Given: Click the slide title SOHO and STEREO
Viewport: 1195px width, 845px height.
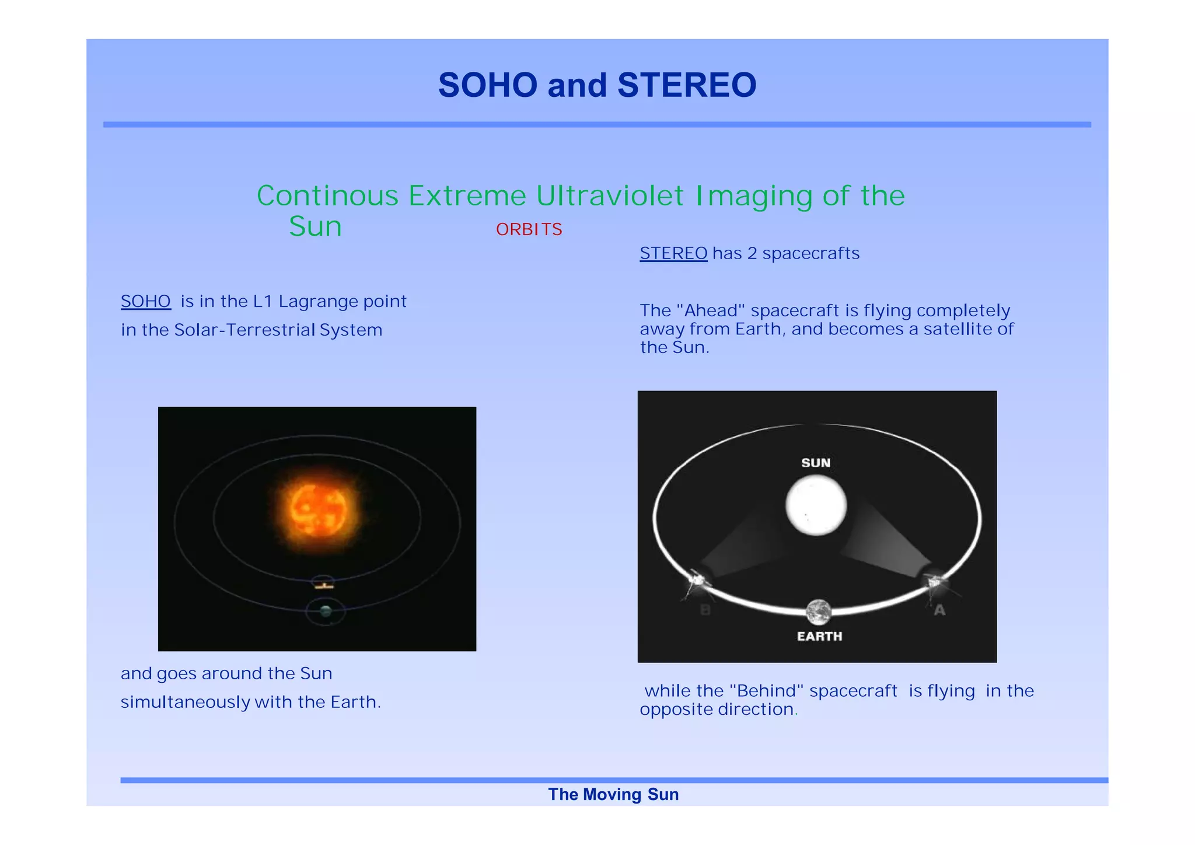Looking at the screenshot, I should tap(597, 85).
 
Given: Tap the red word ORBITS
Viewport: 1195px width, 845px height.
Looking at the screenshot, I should tap(529, 229).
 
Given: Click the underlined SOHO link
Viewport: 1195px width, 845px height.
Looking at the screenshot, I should tap(145, 301).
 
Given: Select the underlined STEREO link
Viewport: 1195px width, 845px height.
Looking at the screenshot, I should tap(673, 253).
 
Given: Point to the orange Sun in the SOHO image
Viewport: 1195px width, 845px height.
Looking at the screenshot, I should tap(318, 509).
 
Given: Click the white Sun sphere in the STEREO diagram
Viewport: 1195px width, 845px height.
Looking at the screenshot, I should tap(816, 505).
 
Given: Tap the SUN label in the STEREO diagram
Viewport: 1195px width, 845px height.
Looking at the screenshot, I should tap(816, 463).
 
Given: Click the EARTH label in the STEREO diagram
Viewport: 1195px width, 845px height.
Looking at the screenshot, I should tap(819, 636).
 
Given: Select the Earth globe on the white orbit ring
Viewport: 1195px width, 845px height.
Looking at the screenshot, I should tap(819, 612).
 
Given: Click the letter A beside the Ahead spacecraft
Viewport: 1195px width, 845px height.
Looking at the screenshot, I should tap(939, 610).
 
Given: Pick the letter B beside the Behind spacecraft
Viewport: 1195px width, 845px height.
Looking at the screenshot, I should tap(705, 610).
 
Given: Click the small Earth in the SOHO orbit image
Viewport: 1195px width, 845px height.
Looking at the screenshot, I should tap(326, 611).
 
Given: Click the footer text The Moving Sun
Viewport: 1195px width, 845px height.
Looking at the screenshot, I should tap(613, 794).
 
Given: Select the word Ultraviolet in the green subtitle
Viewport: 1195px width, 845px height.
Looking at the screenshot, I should tap(610, 195).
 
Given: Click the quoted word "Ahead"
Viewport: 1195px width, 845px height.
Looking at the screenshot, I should tap(711, 310).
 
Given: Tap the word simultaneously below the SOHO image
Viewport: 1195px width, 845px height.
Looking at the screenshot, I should tap(185, 702).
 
